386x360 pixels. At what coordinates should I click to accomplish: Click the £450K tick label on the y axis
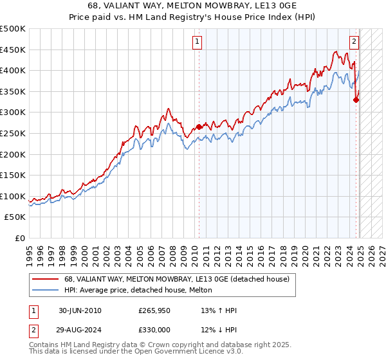coord(13,50)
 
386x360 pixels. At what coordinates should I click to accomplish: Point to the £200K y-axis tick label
coord(13,154)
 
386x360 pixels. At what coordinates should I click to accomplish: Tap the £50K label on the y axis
coord(15,217)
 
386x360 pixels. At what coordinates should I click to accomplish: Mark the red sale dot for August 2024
coord(356,100)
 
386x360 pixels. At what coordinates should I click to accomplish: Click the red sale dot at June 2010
coord(199,127)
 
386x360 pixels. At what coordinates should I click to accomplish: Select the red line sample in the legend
coord(46,279)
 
